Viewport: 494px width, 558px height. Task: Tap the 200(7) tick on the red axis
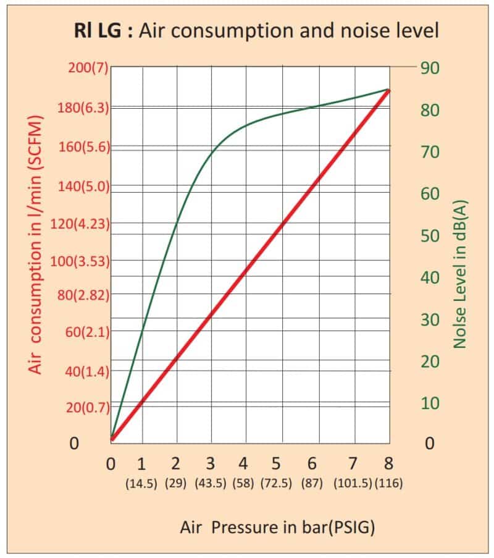click(87, 67)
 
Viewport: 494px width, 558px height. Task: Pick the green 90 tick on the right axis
click(430, 67)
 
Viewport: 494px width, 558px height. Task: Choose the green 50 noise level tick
click(430, 235)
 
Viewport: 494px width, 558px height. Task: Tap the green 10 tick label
click(430, 403)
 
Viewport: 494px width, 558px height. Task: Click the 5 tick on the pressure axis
click(276, 463)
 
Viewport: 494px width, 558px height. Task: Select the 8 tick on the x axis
click(388, 463)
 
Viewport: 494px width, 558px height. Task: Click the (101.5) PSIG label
click(353, 484)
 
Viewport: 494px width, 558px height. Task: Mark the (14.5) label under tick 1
click(143, 484)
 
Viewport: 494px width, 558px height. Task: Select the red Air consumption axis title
click(36, 243)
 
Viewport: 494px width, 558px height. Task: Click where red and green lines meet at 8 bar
click(388, 90)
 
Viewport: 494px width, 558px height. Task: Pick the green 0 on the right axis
click(430, 444)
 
